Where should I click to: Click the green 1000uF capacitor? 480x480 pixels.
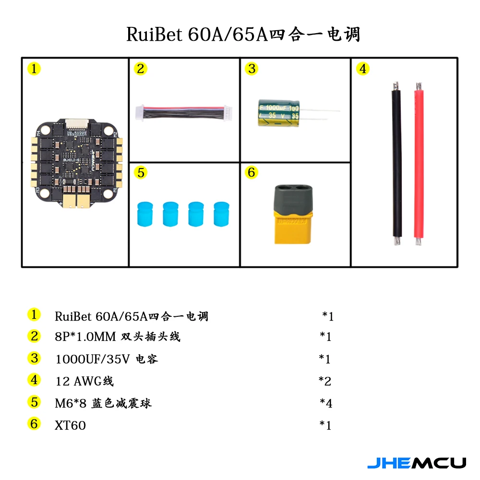[278, 113]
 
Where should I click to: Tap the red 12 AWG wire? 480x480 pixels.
[419, 164]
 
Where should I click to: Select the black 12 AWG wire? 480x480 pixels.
[397, 164]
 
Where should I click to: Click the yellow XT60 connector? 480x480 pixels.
[293, 214]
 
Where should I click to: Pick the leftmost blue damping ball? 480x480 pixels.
[145, 214]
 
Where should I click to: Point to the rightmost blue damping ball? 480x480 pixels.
[221, 214]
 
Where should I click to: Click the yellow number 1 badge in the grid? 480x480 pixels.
[34, 69]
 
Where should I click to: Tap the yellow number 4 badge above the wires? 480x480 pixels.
[363, 69]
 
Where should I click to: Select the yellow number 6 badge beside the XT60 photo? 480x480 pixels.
[252, 172]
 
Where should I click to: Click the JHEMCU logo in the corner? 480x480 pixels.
[417, 463]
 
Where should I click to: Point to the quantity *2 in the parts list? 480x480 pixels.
[325, 381]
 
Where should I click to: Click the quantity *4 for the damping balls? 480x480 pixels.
[326, 403]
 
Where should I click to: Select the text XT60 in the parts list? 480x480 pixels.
[70, 425]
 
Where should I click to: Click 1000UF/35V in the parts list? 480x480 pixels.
[93, 359]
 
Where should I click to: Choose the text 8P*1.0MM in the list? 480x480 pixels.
[85, 337]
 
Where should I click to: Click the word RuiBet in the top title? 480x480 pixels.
[155, 34]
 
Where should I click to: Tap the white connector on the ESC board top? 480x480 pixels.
[76, 123]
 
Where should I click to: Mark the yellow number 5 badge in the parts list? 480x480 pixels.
[34, 402]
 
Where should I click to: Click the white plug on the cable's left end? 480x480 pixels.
[140, 112]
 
